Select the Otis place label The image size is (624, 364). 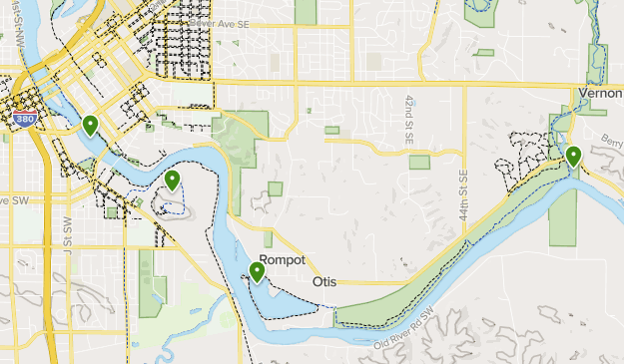point(324,282)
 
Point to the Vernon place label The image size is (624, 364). point(600,92)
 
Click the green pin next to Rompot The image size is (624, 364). point(257,271)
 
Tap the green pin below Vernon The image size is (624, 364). point(573,156)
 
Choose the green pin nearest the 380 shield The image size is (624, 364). point(90,125)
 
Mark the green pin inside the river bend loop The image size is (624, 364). point(173,181)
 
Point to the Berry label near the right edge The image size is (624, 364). point(612,144)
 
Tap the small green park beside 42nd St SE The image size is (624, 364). point(419,162)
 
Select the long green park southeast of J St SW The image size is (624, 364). point(149,283)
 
